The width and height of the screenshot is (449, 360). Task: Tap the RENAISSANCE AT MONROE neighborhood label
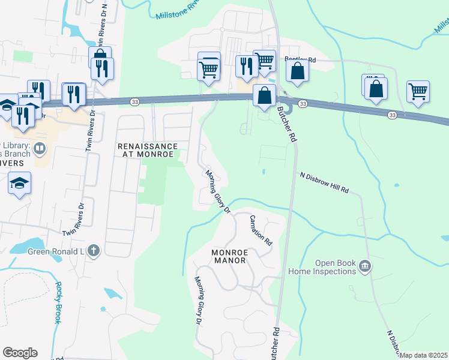coord(148,150)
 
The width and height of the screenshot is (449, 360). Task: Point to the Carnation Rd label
coord(261,230)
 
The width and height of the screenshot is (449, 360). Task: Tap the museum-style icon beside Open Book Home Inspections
coord(364,267)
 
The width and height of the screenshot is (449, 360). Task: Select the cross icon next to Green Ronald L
coord(93,251)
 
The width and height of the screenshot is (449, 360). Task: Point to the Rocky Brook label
coord(58,302)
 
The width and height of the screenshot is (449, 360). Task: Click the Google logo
coord(20,353)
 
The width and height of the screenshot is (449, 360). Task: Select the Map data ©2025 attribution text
coord(423,355)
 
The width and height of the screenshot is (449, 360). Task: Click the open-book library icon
coord(40,147)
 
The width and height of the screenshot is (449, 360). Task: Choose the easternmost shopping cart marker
coord(418,91)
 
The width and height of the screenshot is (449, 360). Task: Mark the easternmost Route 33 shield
coord(392,114)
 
